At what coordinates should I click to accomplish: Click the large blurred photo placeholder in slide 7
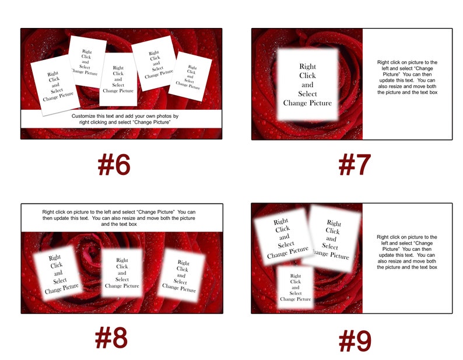click(x=307, y=85)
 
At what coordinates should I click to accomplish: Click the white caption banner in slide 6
click(x=121, y=119)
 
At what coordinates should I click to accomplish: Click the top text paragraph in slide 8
click(x=121, y=217)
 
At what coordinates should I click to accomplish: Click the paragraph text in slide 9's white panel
click(x=407, y=252)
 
